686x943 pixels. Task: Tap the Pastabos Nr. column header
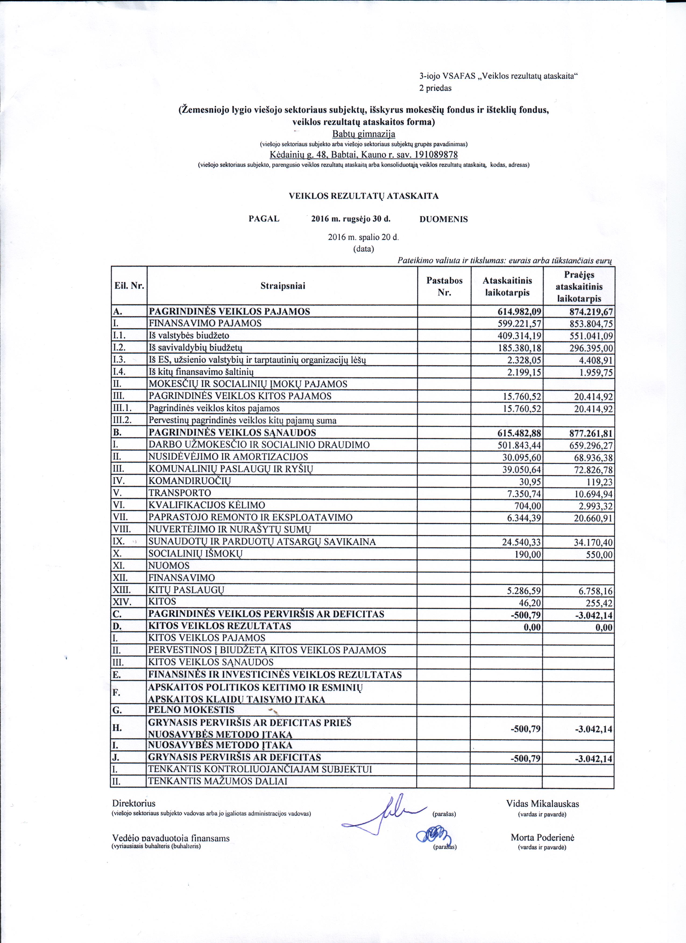444,286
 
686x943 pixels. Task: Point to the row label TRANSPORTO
180,493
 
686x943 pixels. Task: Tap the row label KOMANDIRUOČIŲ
190,481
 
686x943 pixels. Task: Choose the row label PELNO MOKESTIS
191,710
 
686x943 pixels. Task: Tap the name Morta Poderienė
542,837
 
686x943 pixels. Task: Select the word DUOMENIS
443,219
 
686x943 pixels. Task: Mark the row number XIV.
122,602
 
